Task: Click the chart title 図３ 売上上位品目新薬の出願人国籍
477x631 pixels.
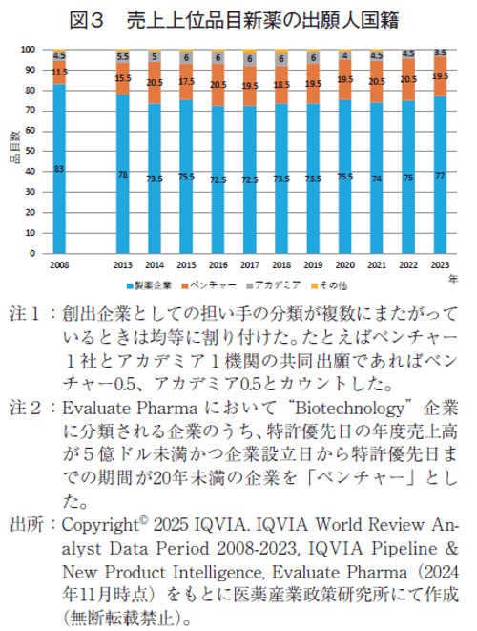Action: [238, 18]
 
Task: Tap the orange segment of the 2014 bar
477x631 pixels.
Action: [155, 83]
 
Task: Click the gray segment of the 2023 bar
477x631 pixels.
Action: [440, 53]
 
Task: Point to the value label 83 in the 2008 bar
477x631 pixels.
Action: [59, 170]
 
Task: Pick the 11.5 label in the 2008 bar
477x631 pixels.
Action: [59, 72]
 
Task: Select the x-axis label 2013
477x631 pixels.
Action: [123, 265]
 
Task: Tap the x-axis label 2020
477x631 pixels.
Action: [345, 265]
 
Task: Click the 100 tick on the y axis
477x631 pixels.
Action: [29, 49]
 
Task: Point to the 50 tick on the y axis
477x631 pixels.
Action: [31, 152]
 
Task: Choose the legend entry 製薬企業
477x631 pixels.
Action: [151, 284]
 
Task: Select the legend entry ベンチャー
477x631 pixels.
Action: [213, 284]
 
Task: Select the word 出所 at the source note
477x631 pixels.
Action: [25, 526]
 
